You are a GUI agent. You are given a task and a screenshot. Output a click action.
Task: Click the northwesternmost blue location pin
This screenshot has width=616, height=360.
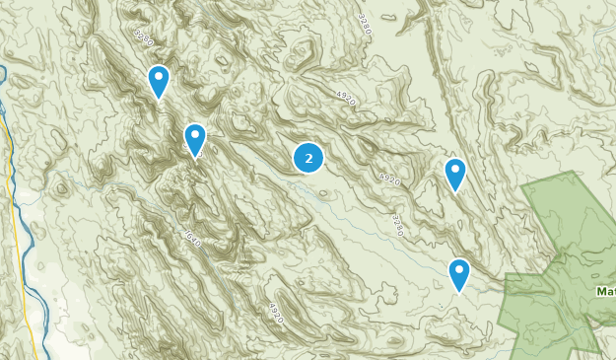(x=158, y=81)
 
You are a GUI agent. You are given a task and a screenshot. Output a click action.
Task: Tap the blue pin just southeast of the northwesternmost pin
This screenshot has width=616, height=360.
(x=195, y=139)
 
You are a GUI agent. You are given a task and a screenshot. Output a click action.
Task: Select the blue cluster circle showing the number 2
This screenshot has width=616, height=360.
(x=309, y=157)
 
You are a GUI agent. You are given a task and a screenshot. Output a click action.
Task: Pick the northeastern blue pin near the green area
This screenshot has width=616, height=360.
(x=454, y=174)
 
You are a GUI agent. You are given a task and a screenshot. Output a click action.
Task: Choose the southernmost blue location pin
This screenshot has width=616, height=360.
(x=458, y=274)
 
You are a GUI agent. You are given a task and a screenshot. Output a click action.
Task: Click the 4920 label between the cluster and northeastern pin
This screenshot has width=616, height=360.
(x=389, y=180)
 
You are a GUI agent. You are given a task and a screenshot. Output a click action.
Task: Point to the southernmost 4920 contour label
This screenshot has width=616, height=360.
(x=275, y=313)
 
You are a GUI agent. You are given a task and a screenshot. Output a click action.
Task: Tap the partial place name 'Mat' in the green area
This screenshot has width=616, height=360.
(x=605, y=291)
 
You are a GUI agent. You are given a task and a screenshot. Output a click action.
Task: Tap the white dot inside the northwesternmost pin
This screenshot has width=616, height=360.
(x=158, y=77)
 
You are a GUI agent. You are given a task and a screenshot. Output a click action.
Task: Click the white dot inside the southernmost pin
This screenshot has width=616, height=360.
(x=458, y=270)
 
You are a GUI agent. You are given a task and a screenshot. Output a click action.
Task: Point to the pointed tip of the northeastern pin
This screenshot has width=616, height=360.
(x=454, y=191)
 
